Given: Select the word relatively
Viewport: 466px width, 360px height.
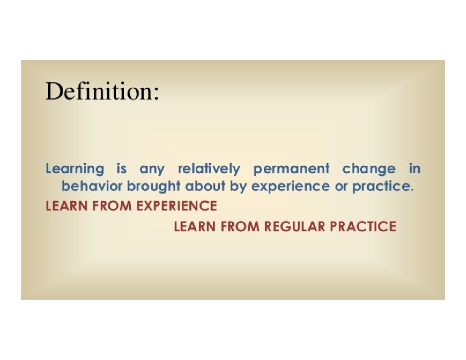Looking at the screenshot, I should tap(209, 170).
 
